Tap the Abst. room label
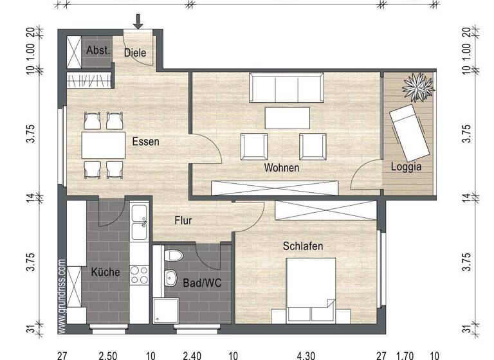(x=98, y=50)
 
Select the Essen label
(x=145, y=141)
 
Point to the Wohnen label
(x=281, y=168)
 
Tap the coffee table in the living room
(x=287, y=118)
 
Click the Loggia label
(x=407, y=166)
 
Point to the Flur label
(x=183, y=221)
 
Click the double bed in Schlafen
(x=310, y=289)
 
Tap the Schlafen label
(x=303, y=246)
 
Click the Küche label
(x=105, y=272)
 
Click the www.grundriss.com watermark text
(x=62, y=296)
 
